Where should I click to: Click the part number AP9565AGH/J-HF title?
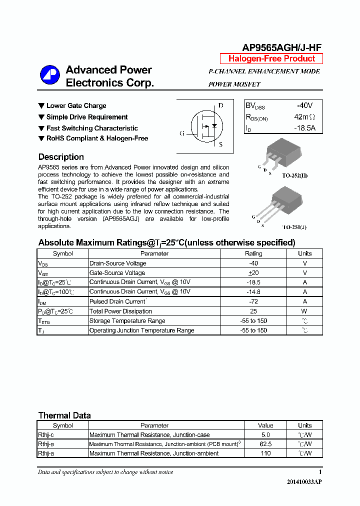281,47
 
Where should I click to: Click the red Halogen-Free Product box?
271,58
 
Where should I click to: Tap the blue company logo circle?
49,75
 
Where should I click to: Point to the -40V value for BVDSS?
304,106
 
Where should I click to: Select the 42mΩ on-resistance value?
304,117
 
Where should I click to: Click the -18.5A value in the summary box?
304,128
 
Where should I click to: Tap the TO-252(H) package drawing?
281,155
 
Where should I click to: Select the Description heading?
61,157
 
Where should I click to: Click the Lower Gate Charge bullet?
76,106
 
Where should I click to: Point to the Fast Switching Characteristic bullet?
92,128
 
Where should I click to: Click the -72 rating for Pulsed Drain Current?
253,301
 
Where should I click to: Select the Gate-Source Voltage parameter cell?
117,273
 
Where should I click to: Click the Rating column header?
253,253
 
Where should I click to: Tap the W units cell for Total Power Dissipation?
304,311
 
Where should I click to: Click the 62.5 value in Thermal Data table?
265,444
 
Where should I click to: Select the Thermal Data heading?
64,415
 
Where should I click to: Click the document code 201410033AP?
304,481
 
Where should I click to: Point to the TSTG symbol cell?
44,321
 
